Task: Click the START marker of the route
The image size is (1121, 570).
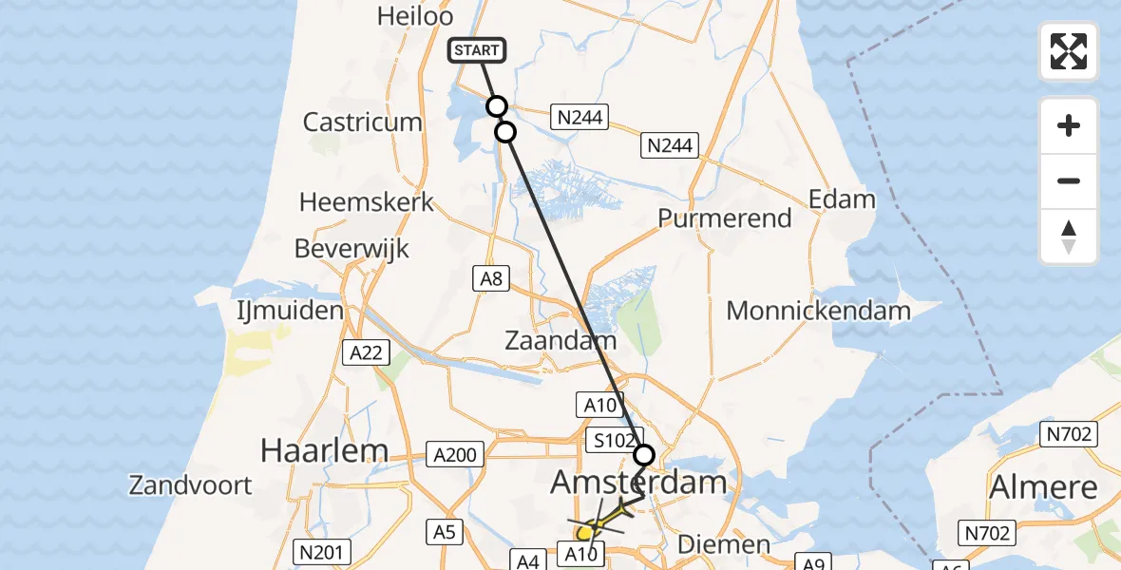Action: click(479, 50)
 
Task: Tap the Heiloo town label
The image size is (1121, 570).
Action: click(411, 15)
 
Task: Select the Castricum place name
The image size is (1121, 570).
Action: click(362, 122)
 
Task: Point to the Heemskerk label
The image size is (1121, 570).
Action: click(367, 201)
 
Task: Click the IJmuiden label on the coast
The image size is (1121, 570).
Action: click(290, 311)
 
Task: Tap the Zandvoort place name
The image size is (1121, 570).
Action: click(191, 485)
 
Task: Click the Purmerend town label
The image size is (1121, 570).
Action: click(725, 218)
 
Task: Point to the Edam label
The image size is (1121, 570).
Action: click(842, 199)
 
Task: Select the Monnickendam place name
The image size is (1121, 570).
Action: click(818, 310)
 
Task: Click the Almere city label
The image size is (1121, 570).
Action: click(1043, 487)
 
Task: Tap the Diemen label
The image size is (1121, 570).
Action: click(725, 544)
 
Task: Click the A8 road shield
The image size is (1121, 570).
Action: click(491, 277)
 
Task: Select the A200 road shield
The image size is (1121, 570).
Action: click(454, 454)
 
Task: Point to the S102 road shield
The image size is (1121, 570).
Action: click(608, 441)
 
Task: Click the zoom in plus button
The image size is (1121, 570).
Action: click(1068, 125)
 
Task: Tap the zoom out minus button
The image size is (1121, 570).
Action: click(1068, 180)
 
